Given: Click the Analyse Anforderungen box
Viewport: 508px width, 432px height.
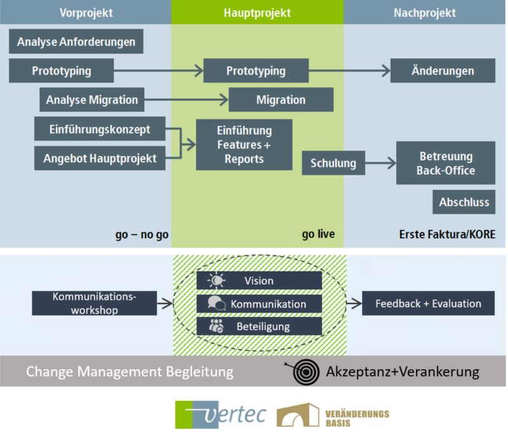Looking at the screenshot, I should point(76,42).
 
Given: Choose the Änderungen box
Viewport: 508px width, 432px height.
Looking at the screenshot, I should point(442,71).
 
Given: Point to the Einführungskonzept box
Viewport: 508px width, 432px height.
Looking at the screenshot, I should point(100,129).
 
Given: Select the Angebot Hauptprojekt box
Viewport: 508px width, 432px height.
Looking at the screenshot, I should point(100,158).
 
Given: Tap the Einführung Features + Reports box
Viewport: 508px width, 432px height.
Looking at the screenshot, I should point(244,144).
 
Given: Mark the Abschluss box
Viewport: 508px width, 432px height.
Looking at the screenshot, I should point(464,202).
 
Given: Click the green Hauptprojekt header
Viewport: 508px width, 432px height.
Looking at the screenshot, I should point(257,13).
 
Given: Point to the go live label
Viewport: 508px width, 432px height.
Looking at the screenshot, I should point(318,235).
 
